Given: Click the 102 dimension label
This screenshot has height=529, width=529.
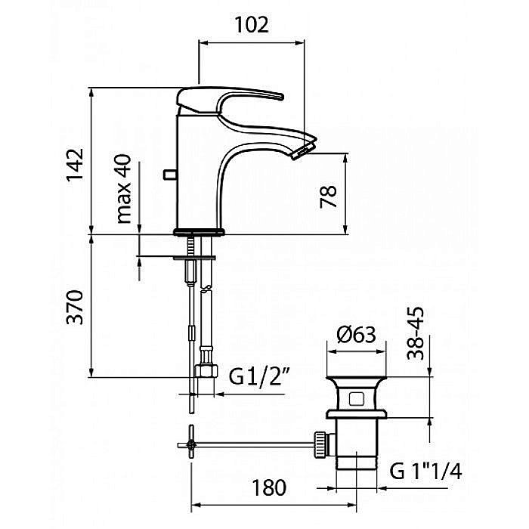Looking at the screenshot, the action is pyautogui.click(x=252, y=25).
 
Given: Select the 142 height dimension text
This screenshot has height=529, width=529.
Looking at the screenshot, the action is pyautogui.click(x=75, y=164).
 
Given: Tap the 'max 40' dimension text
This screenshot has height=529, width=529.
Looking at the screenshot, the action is pyautogui.click(x=123, y=189).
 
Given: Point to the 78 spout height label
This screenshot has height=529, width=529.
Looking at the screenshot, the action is pyautogui.click(x=328, y=196).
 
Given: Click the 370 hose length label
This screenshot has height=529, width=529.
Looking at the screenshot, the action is pyautogui.click(x=75, y=307).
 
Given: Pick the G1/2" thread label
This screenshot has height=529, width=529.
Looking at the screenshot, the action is pyautogui.click(x=259, y=376).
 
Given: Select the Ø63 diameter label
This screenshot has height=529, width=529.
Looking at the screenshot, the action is pyautogui.click(x=356, y=334).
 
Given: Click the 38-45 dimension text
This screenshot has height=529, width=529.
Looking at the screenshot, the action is pyautogui.click(x=416, y=333).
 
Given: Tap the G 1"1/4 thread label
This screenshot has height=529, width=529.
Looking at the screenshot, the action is pyautogui.click(x=425, y=471).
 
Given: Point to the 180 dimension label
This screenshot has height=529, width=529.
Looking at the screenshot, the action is pyautogui.click(x=269, y=487).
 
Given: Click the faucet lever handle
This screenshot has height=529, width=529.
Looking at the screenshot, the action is pyautogui.click(x=230, y=99).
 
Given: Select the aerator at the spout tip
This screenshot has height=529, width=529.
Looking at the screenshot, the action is pyautogui.click(x=303, y=150).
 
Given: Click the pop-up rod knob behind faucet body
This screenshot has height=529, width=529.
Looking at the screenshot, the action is pyautogui.click(x=170, y=175).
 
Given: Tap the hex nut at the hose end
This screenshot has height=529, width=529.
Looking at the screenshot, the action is pyautogui.click(x=206, y=371).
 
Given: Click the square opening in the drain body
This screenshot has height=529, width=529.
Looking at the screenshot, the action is pyautogui.click(x=356, y=399).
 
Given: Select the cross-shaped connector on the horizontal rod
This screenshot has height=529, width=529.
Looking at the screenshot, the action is pyautogui.click(x=192, y=445).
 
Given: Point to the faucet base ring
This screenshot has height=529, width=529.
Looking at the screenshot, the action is pyautogui.click(x=199, y=232).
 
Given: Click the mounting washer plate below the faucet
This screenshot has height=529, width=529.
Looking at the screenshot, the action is pyautogui.click(x=194, y=258).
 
